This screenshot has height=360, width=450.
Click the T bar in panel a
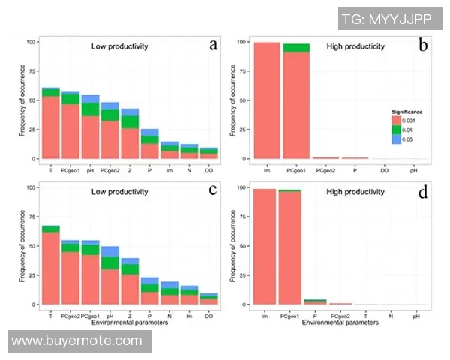coord(50,124)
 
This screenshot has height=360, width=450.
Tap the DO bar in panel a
coord(209,154)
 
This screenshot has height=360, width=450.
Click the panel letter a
coord(214,46)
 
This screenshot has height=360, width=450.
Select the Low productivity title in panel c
coord(119,193)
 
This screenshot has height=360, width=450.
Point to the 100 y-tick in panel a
coord(31,42)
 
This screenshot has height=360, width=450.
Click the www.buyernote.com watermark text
coord(77,340)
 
